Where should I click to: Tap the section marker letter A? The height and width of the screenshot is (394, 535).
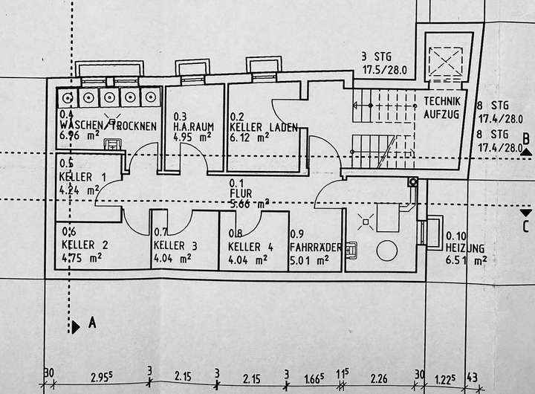point(92,323)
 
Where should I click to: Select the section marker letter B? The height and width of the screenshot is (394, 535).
point(525,138)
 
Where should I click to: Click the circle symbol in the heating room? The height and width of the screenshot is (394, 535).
point(386,251)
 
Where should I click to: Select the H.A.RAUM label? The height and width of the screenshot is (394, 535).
point(194,126)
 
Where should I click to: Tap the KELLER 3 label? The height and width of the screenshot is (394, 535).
point(175,246)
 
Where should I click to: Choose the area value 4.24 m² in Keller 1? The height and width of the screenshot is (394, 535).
point(78,189)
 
